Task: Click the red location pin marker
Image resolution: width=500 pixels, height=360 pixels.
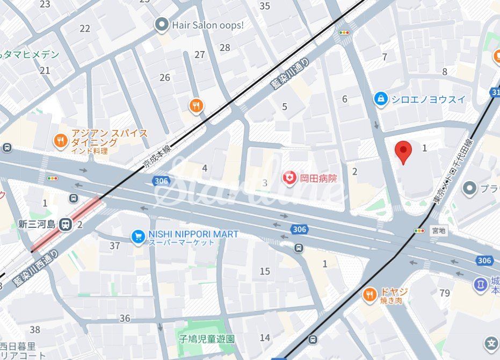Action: click(x=403, y=152)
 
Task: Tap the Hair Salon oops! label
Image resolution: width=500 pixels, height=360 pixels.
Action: click(x=207, y=25)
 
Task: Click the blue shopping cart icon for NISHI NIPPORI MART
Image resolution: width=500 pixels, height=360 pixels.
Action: click(x=139, y=236)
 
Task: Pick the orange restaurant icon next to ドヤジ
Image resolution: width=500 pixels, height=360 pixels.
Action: click(x=369, y=294)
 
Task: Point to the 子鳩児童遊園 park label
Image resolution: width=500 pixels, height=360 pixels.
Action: click(x=207, y=339)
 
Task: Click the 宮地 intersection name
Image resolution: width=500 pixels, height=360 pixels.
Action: click(x=438, y=231)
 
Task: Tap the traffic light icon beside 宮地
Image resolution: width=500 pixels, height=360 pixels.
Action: click(x=419, y=231)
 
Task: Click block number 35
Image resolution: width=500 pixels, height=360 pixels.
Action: click(x=265, y=6)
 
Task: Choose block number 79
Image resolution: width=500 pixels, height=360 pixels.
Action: click(x=444, y=293)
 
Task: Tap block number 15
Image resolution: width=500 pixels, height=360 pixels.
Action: click(x=265, y=271)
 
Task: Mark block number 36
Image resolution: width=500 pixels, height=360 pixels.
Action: click(x=125, y=318)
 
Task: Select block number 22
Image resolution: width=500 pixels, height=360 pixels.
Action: click(x=85, y=28)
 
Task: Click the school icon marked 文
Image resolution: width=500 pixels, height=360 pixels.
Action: click(x=491, y=343)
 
